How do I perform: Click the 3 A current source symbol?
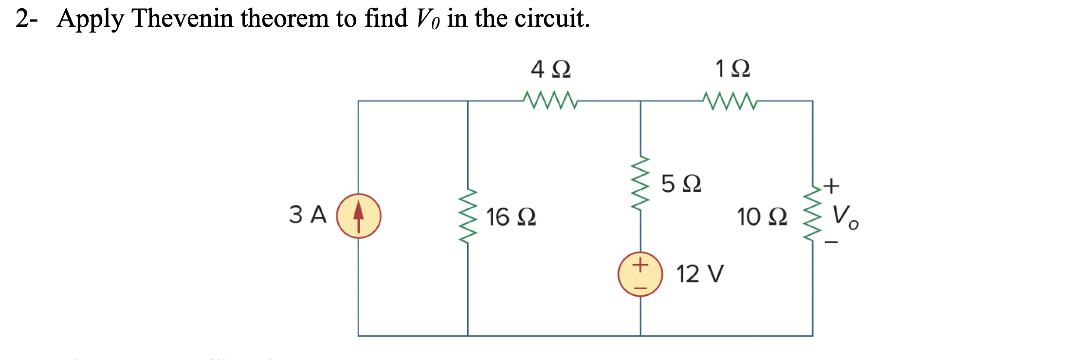point(359,216)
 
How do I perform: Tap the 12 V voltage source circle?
point(640,274)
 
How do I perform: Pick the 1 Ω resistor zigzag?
point(730,101)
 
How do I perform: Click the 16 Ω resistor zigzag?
point(468,216)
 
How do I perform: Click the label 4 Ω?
point(550,69)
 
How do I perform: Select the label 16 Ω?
point(511,217)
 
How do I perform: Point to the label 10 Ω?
point(762,217)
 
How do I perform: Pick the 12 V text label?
point(700,274)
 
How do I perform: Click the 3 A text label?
point(308,215)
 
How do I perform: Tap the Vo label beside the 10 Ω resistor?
point(845,216)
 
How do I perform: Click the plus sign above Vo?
point(832,185)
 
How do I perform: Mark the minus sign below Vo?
point(832,242)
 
